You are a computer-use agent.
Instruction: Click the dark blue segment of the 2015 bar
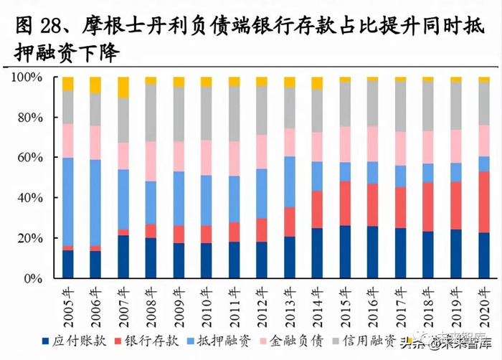[346, 252]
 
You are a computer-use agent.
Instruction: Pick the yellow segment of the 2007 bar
[123, 87]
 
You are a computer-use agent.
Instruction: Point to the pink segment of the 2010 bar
[207, 157]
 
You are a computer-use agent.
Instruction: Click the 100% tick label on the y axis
[29, 77]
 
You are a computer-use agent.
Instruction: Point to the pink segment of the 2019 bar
[457, 146]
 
